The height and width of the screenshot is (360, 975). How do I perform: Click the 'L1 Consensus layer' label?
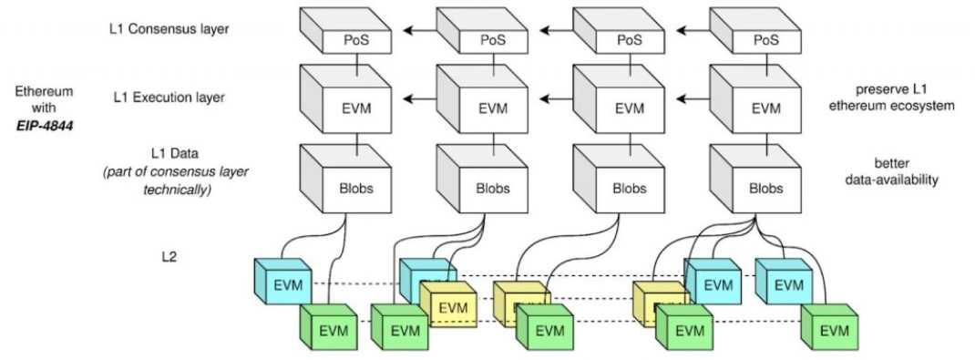pos(169,29)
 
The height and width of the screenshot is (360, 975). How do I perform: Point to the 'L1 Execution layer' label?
pos(168,97)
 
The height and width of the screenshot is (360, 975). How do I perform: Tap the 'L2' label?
pos(170,257)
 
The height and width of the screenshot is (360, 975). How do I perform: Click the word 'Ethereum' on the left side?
pos(44,92)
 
